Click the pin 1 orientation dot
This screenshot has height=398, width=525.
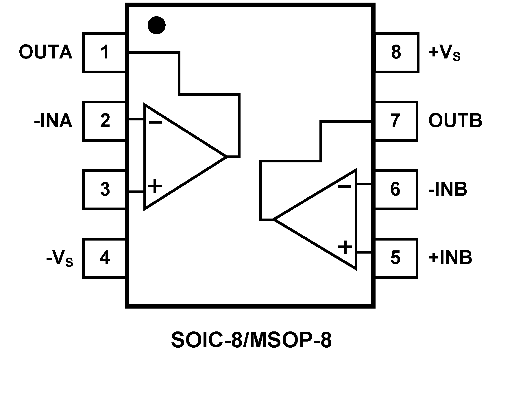pos(156,25)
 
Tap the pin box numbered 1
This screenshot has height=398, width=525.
pos(105,52)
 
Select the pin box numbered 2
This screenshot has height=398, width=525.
pos(105,121)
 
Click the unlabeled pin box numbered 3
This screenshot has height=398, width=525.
pos(105,189)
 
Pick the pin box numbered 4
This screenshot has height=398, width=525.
pos(105,258)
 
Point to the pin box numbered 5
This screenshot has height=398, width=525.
pos(396,258)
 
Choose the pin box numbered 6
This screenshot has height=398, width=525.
pos(396,189)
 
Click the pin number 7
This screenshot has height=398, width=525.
pos(395,121)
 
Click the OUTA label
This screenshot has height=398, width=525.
pos(45,52)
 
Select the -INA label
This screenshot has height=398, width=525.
pos(53,121)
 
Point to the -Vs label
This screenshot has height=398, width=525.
pos(60,258)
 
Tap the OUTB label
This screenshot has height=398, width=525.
pos(455,121)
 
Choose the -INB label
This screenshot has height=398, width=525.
pos(448,189)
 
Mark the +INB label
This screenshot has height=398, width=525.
pos(450,258)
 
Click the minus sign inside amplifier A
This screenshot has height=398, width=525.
pos(156,122)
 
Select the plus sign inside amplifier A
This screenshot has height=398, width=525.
pos(155,186)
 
